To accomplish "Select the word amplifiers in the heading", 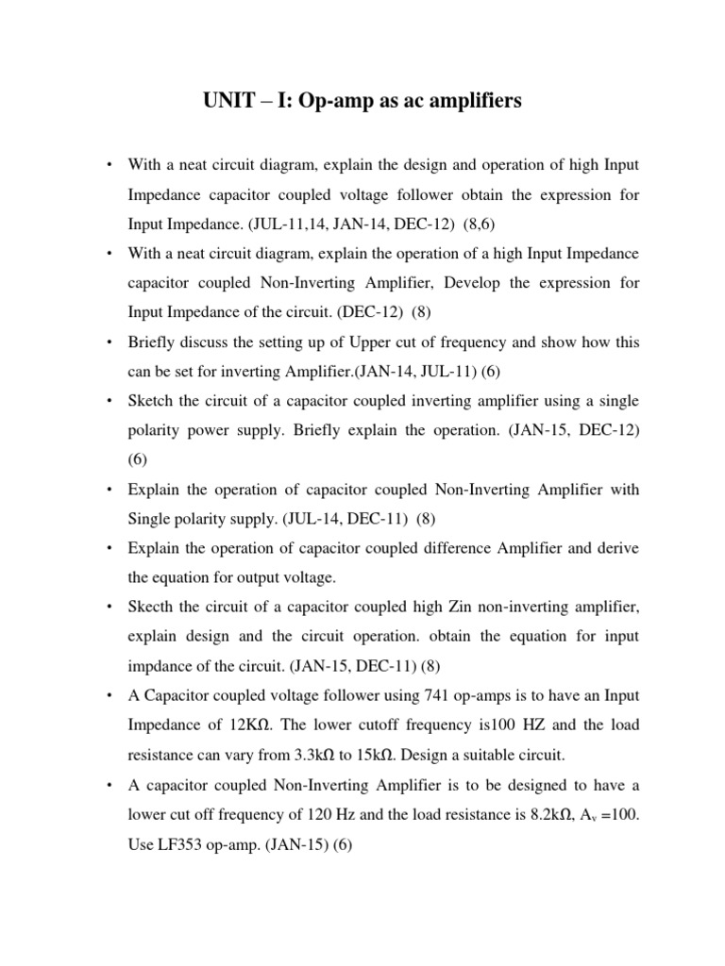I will (469, 101).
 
